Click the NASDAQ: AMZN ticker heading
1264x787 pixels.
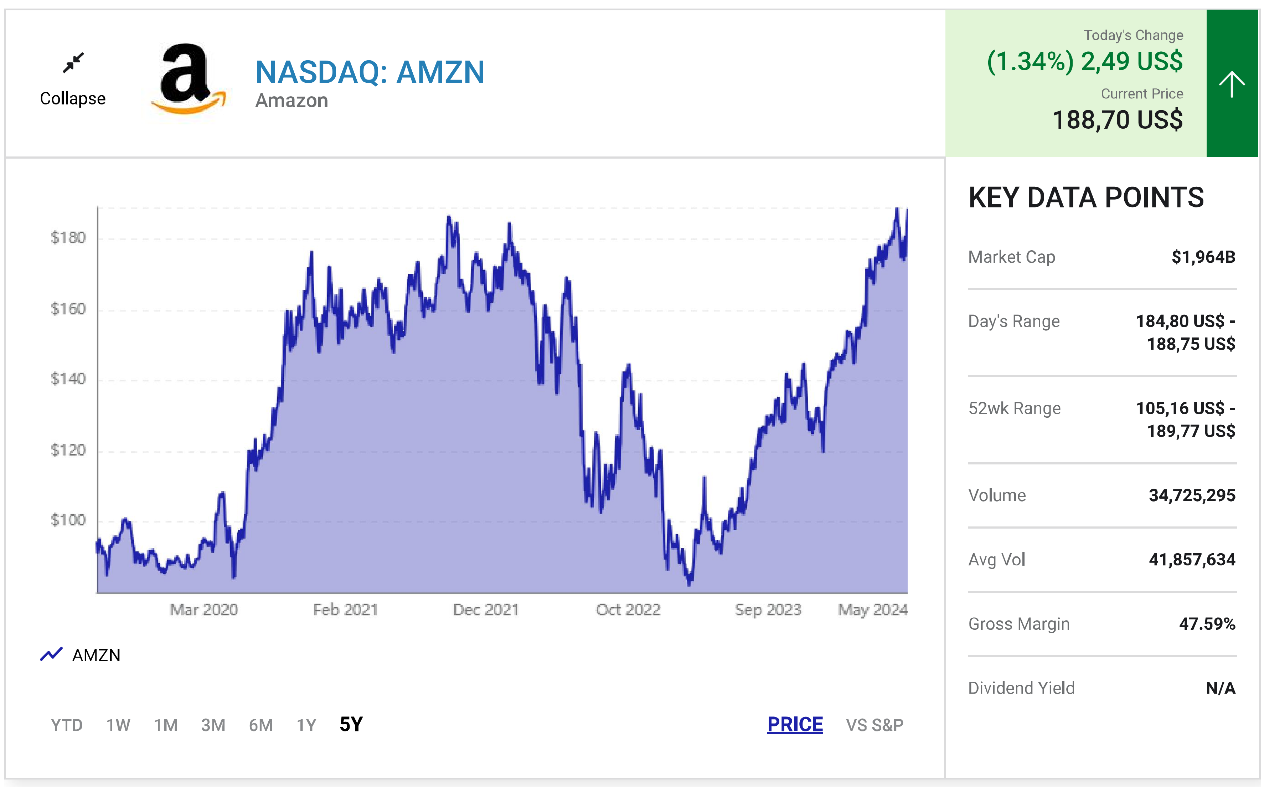pyautogui.click(x=370, y=72)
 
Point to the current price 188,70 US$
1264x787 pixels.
pyautogui.click(x=1117, y=120)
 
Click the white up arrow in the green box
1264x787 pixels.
pyautogui.click(x=1231, y=84)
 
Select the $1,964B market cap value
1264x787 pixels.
pyautogui.click(x=1203, y=257)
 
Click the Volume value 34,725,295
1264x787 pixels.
pyautogui.click(x=1191, y=495)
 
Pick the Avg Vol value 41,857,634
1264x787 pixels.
pyautogui.click(x=1191, y=560)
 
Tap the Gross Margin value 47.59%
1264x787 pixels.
pyautogui.click(x=1206, y=623)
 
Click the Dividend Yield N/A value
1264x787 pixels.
pyautogui.click(x=1220, y=688)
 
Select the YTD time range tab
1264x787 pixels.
pyautogui.click(x=67, y=725)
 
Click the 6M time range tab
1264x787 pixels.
pyautogui.click(x=261, y=725)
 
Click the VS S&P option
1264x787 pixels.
pyautogui.click(x=874, y=725)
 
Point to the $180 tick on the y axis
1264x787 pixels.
pyautogui.click(x=68, y=238)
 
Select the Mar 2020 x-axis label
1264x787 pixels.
pyautogui.click(x=203, y=609)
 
